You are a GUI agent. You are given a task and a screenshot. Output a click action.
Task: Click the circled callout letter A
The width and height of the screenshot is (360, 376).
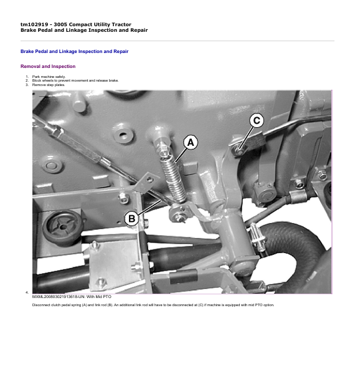click(x=191, y=142)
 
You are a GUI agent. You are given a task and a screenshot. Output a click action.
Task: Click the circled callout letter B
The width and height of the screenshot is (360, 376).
click(x=131, y=218)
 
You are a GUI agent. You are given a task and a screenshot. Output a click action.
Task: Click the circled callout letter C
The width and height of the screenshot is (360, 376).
click(x=257, y=120)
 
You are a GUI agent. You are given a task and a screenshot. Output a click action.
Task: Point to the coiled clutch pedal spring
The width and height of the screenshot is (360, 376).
click(x=173, y=178)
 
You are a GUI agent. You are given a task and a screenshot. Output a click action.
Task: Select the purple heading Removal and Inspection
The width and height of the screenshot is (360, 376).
click(x=48, y=67)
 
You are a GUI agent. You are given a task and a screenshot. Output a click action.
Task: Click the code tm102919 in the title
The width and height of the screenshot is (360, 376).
click(x=34, y=24)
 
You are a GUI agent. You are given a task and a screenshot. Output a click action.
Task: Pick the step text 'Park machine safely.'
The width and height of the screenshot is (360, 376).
click(x=49, y=77)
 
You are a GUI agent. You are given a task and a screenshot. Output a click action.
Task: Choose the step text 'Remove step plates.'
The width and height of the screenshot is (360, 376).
click(x=49, y=85)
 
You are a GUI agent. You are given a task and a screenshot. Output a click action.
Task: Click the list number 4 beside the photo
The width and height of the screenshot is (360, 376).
click(x=27, y=292)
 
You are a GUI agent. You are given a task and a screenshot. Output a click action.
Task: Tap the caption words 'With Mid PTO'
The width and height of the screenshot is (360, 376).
click(x=98, y=297)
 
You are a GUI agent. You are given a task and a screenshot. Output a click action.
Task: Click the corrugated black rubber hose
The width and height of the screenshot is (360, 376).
click(x=297, y=247)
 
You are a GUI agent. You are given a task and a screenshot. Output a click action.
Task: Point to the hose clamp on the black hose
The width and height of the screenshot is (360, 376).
click(x=257, y=238)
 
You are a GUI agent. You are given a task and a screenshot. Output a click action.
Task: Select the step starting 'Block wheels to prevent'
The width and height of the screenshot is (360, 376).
click(x=75, y=80)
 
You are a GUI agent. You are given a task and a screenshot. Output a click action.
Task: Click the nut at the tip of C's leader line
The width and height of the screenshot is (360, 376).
click(x=239, y=151)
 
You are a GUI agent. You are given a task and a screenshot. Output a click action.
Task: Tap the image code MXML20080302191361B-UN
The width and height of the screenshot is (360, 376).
click(x=59, y=297)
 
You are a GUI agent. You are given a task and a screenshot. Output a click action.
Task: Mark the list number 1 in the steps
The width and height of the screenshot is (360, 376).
click(x=27, y=77)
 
